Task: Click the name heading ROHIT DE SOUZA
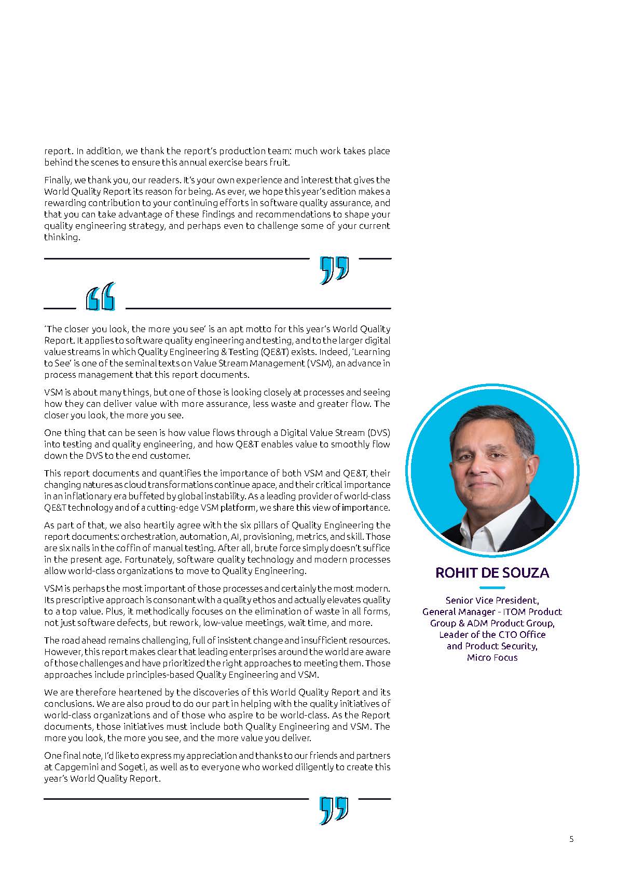pos(492,572)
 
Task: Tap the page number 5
pos(571,839)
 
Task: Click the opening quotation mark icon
pos(101,297)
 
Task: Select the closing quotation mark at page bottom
pos(334,810)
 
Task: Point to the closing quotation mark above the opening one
pos(334,270)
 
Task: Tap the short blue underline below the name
pos(492,588)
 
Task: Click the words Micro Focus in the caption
pos(492,658)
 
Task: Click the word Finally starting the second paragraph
pos(58,180)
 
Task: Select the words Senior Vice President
pos(492,600)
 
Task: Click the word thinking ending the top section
pos(62,237)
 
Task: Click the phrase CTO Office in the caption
pos(521,634)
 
